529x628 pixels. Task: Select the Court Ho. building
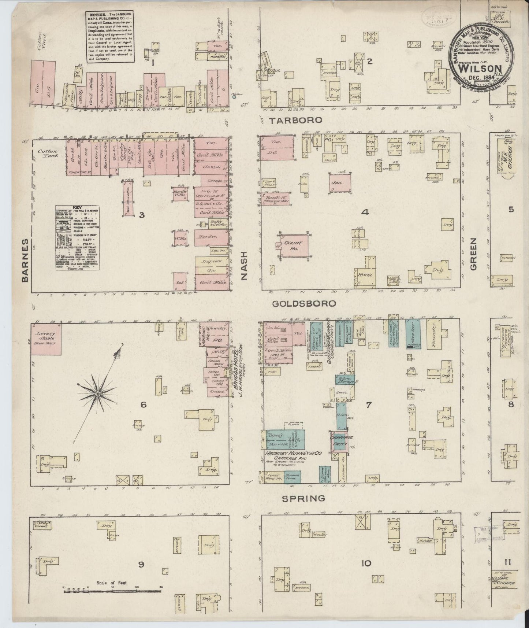[x=294, y=245]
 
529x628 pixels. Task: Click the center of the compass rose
[x=98, y=394]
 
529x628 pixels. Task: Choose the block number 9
[x=141, y=565]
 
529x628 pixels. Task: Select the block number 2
[x=370, y=61]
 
